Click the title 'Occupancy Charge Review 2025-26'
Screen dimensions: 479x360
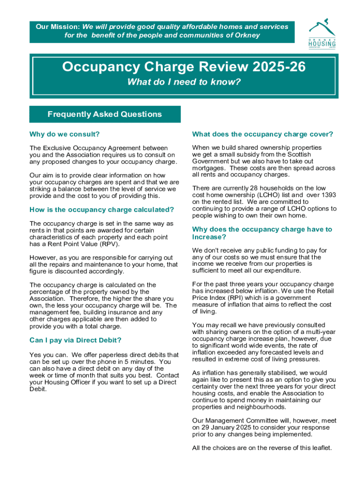[184, 67]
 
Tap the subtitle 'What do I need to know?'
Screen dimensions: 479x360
[184, 83]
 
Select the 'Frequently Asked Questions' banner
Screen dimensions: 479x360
[105, 114]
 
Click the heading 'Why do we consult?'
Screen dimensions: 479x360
[65, 134]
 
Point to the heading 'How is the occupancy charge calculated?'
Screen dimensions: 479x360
[101, 210]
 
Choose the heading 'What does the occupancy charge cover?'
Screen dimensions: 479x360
[262, 134]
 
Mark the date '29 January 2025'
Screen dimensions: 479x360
[226, 428]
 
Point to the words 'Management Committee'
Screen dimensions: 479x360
[240, 421]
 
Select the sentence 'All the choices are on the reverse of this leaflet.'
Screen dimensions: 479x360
[262, 448]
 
